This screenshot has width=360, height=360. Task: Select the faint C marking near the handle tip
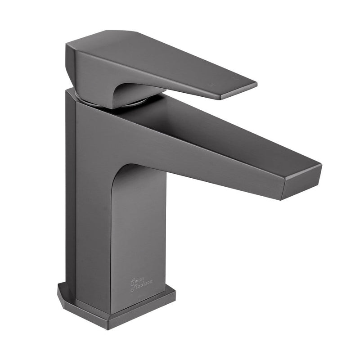(235, 79)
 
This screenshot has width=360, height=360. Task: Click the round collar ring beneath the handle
(135, 102)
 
